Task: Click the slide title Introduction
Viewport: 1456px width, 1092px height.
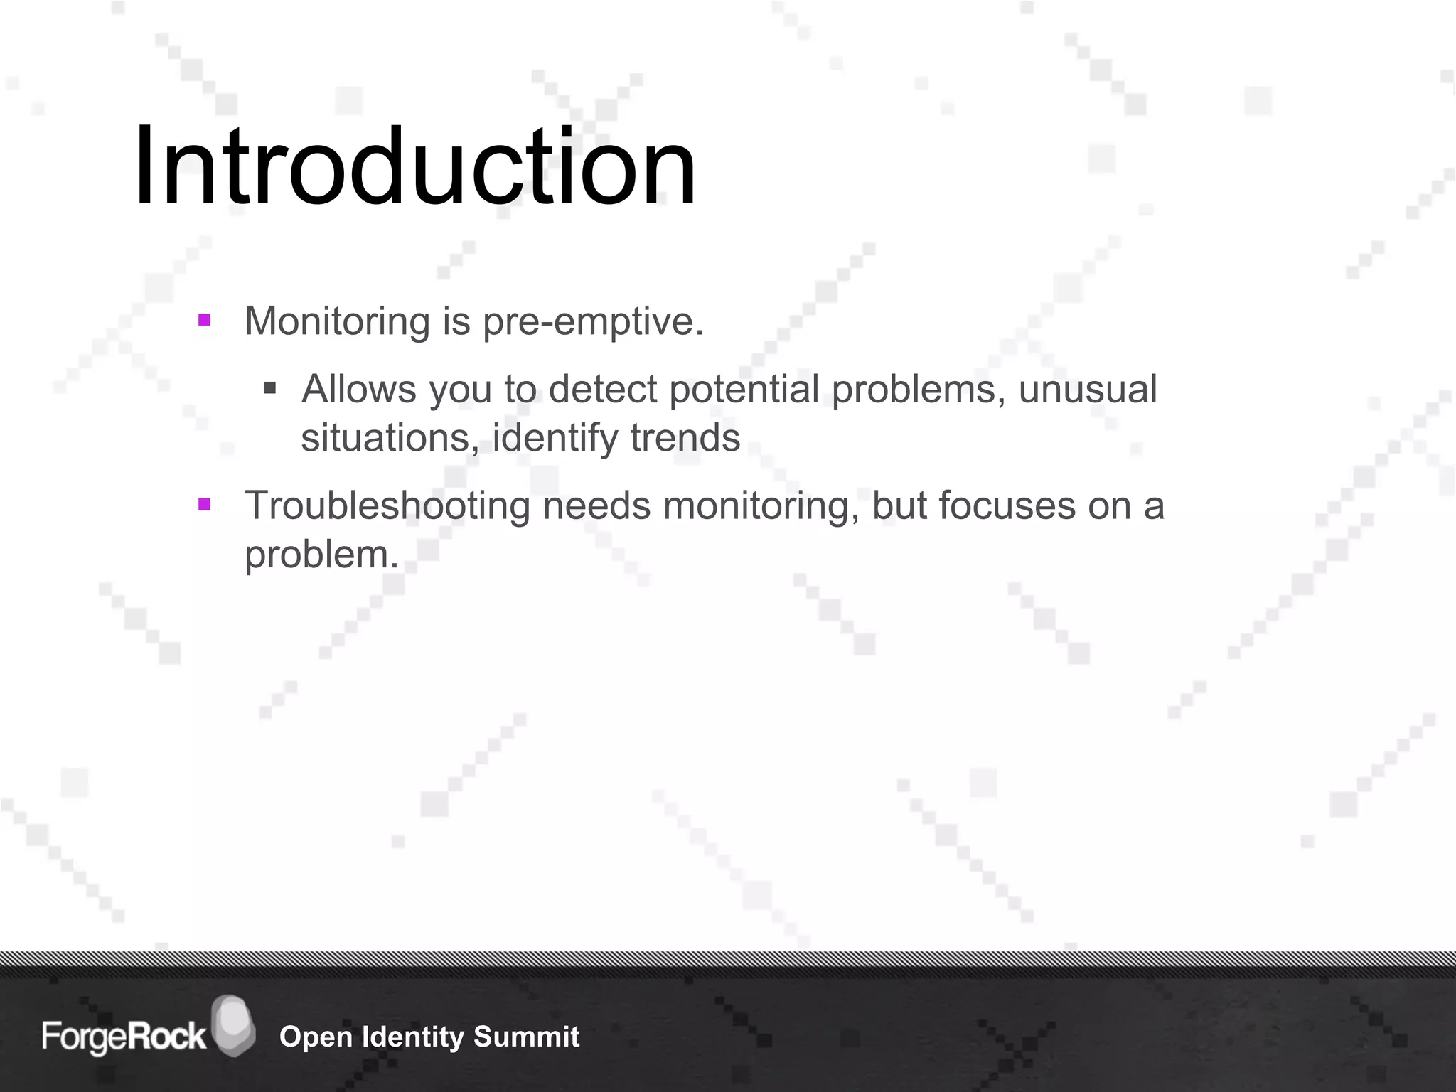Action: (x=414, y=167)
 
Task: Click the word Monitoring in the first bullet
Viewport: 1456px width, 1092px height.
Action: (x=337, y=321)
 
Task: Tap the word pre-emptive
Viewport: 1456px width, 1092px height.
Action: (x=592, y=321)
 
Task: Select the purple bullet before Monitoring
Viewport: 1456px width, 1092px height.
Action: (x=205, y=320)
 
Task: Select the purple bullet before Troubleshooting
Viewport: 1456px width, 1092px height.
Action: (x=205, y=505)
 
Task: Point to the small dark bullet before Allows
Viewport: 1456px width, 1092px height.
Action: (x=269, y=388)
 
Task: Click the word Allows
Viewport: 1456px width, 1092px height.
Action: (x=358, y=390)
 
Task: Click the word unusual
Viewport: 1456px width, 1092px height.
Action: (x=1087, y=390)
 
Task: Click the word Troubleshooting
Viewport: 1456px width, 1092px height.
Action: (x=387, y=506)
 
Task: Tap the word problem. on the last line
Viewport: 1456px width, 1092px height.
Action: (x=321, y=555)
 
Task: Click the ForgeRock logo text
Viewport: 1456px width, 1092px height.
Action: (x=124, y=1037)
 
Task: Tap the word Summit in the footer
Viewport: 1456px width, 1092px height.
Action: (x=526, y=1037)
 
